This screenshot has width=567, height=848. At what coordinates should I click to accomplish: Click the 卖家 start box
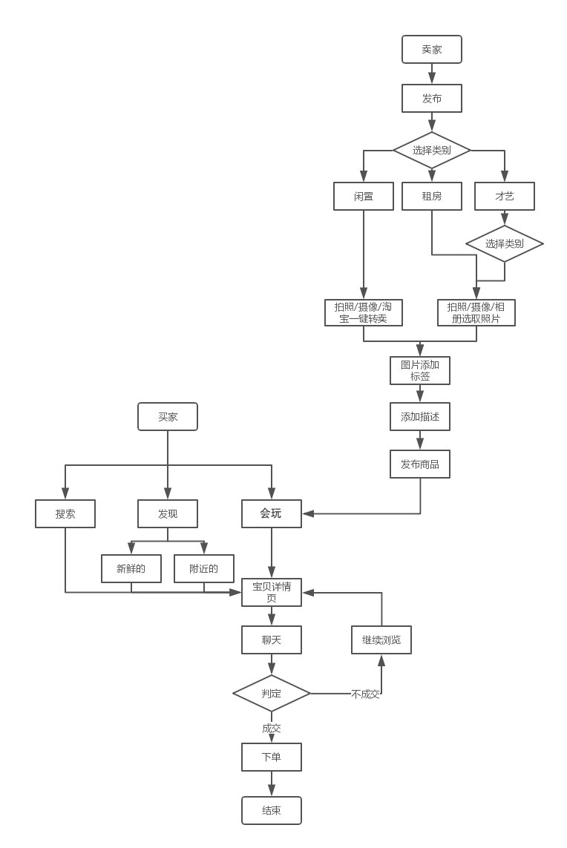[x=432, y=50]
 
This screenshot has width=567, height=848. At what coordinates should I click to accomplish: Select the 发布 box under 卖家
[x=432, y=98]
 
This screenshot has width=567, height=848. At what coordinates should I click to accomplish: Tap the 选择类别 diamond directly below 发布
[x=432, y=151]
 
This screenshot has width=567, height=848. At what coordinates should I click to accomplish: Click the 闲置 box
[x=364, y=197]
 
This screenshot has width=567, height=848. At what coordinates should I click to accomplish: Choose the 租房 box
[x=432, y=197]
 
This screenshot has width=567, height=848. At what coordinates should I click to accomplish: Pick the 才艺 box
[x=505, y=197]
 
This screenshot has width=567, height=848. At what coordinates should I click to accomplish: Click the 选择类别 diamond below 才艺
[x=505, y=243]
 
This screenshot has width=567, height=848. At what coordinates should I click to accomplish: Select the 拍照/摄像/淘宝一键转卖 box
[x=364, y=312]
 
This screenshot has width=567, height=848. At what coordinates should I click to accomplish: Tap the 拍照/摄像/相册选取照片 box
[x=476, y=312]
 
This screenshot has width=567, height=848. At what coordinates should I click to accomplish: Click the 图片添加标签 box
[x=420, y=370]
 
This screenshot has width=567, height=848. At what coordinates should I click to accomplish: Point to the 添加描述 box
[x=420, y=417]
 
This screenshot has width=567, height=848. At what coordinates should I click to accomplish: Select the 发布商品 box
[x=420, y=464]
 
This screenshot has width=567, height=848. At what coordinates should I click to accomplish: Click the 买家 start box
[x=168, y=417]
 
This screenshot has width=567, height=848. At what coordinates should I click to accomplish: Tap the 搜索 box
[x=65, y=513]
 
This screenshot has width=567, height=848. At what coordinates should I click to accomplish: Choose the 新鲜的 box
[x=131, y=569]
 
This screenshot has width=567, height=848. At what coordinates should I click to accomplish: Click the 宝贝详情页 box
[x=272, y=592]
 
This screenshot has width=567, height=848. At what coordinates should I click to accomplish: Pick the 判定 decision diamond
[x=272, y=694]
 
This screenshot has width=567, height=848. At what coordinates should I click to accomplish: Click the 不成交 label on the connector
[x=365, y=694]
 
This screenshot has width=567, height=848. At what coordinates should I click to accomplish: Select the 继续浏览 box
[x=381, y=640]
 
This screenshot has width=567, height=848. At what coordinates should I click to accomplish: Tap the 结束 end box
[x=272, y=810]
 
